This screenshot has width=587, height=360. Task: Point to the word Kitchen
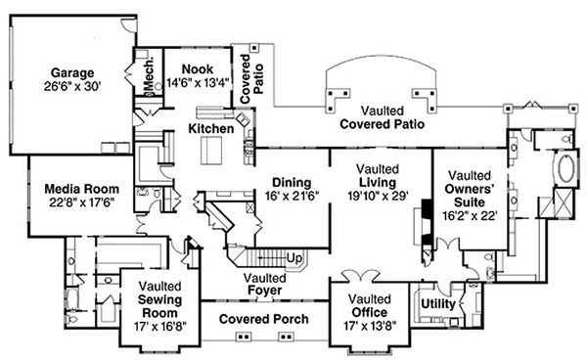point(210,128)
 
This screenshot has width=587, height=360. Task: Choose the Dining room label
point(292,182)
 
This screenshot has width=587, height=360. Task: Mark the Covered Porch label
point(263,320)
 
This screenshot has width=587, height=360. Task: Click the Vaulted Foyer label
point(263,284)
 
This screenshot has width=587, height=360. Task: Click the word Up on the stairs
point(293,258)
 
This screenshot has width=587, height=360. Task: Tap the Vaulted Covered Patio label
point(382,117)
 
